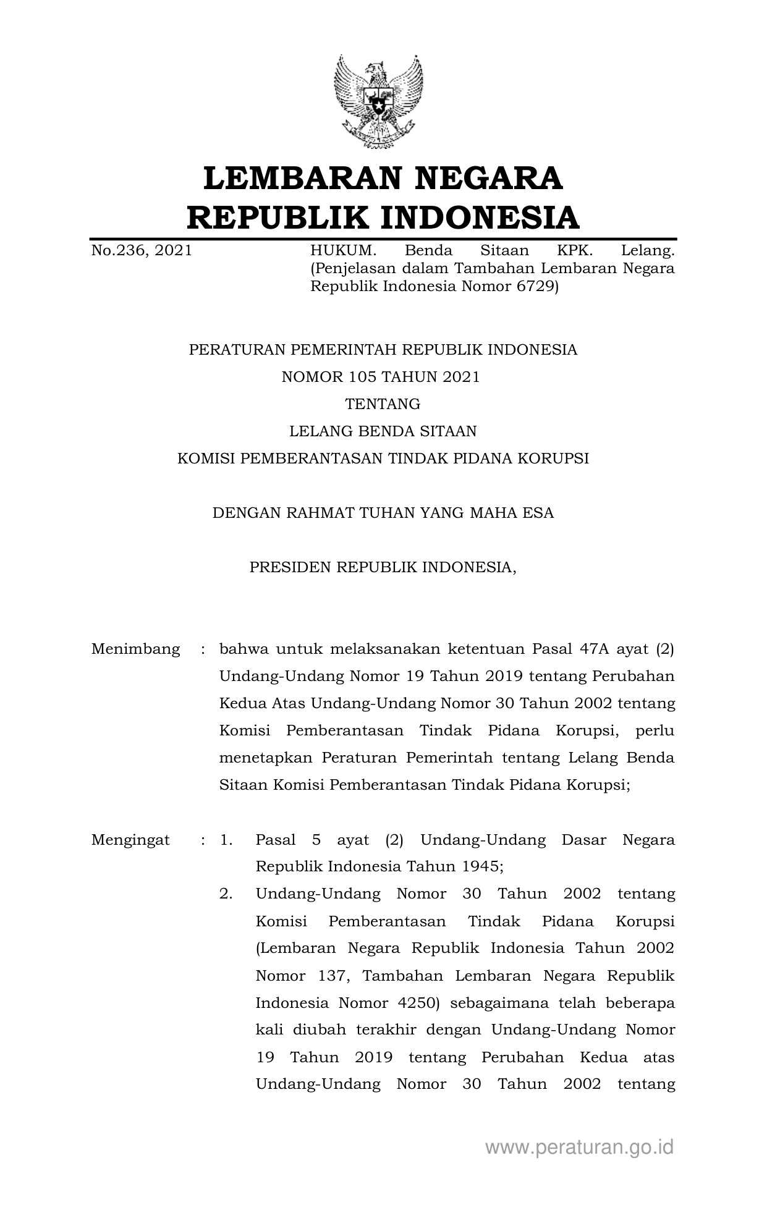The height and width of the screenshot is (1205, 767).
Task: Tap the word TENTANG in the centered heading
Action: (383, 404)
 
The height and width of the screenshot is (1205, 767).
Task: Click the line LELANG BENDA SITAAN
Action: (383, 431)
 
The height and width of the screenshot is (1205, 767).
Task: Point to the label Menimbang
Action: (135, 649)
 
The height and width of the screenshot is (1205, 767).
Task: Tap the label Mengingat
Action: (130, 840)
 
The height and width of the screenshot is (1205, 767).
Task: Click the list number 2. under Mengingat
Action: (226, 894)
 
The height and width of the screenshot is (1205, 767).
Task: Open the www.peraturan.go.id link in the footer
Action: (579, 1148)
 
